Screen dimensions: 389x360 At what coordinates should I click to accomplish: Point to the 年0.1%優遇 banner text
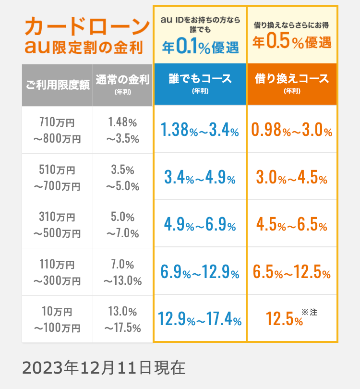tap(200, 47)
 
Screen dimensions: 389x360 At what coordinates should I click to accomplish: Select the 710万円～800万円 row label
tap(58, 131)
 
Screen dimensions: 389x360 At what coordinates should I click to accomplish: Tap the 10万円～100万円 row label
tap(58, 319)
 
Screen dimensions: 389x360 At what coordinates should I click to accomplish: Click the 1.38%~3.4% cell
tap(200, 130)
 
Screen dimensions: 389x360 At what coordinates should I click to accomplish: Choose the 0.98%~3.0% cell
tap(292, 130)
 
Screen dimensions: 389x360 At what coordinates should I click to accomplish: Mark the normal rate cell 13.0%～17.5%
tap(123, 319)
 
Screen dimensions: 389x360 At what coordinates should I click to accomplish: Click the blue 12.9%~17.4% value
tap(200, 318)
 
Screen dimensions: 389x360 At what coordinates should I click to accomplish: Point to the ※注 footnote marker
tap(310, 312)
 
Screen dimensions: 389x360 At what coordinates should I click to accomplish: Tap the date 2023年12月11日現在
tap(104, 367)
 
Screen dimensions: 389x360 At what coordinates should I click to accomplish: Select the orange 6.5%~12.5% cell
tap(292, 272)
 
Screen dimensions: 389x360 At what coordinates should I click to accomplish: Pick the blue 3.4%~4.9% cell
tap(200, 178)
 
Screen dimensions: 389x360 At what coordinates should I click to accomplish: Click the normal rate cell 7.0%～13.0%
tap(123, 272)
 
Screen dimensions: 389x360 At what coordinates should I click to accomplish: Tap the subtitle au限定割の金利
tap(84, 47)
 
